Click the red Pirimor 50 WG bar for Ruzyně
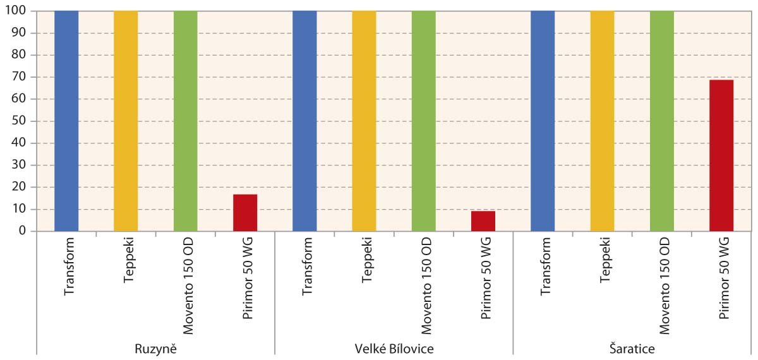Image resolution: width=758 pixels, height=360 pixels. pyautogui.click(x=245, y=213)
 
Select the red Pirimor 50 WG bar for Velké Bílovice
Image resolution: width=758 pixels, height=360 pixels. pyautogui.click(x=483, y=221)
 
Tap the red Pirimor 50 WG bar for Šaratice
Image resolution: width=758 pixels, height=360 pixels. pyautogui.click(x=721, y=155)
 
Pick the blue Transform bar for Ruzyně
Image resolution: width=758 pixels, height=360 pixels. pyautogui.click(x=66, y=121)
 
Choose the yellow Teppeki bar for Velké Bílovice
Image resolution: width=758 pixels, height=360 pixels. pyautogui.click(x=364, y=121)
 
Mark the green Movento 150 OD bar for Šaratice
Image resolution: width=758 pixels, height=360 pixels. pyautogui.click(x=661, y=121)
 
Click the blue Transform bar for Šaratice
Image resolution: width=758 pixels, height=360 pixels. pyautogui.click(x=543, y=121)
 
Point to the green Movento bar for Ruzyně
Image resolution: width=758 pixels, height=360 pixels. pyautogui.click(x=185, y=121)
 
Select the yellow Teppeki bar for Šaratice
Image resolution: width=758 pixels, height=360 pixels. pyautogui.click(x=602, y=121)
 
